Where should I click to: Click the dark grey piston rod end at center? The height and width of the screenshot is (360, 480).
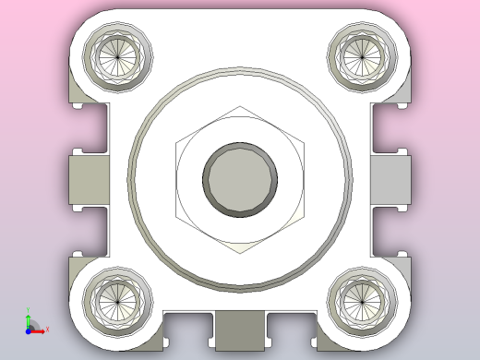240,178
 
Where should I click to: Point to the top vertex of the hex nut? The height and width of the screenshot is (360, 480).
240,105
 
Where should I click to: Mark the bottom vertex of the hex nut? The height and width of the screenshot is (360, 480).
240,252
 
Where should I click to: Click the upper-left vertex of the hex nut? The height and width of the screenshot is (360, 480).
175,141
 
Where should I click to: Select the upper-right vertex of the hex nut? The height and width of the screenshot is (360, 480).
304,141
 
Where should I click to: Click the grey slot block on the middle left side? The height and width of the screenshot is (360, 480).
89,178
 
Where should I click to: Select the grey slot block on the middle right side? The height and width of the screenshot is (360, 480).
391,178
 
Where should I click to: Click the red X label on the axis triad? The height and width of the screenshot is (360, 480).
46,329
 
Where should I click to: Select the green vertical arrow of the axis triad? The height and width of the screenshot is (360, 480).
28,319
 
